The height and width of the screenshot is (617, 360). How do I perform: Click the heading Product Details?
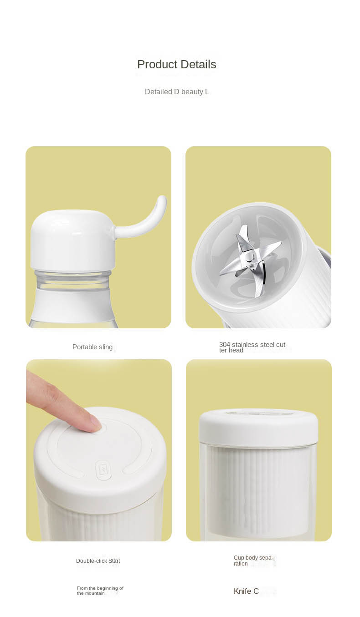pos(176,65)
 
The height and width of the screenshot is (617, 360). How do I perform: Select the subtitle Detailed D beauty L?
pos(177,92)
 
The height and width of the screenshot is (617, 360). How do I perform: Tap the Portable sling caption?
pos(93,347)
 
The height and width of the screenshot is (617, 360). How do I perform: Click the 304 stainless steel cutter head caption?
pos(253,347)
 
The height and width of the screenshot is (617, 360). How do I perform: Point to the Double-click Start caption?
pos(98,561)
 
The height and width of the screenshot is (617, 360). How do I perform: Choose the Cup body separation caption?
pos(253,561)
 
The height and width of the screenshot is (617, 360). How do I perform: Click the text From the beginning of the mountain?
pos(100,591)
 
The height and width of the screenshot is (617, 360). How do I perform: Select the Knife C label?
pos(246,591)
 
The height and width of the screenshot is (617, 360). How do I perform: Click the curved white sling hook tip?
pos(162,199)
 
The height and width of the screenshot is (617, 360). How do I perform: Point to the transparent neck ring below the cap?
pos(73,279)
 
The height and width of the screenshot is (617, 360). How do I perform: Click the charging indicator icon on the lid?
pos(103,470)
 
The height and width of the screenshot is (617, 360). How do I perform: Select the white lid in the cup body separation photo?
pos(258,427)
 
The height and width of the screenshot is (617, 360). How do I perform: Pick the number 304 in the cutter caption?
pos(225,345)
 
